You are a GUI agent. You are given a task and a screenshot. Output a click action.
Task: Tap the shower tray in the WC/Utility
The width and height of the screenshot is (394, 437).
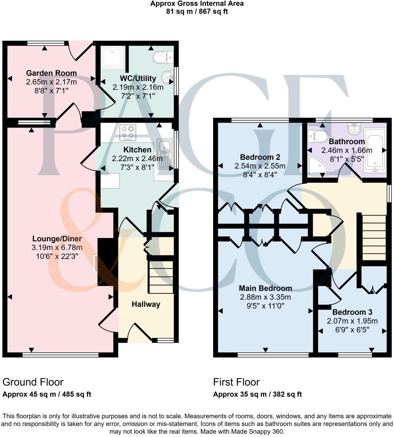click(x=112, y=57)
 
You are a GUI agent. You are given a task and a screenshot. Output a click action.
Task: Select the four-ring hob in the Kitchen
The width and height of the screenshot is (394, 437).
click(x=128, y=133)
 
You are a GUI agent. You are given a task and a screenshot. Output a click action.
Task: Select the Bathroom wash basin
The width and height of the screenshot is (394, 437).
click(x=354, y=129)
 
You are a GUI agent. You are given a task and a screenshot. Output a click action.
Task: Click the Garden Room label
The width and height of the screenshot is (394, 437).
click(x=51, y=73)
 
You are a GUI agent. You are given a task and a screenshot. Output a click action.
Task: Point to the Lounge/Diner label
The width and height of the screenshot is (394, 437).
click(x=57, y=239)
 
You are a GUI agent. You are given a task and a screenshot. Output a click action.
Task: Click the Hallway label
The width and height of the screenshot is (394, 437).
click(x=146, y=304)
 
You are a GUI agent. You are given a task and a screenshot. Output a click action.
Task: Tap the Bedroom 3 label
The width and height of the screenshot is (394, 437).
click(x=352, y=312)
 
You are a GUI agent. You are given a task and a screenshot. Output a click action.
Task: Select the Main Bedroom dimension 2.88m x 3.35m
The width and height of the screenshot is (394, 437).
click(x=265, y=297)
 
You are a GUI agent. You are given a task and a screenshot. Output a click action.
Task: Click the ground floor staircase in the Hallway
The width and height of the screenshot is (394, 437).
click(x=161, y=277)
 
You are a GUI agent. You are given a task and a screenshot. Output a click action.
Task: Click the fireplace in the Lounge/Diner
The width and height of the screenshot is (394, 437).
click(x=95, y=263)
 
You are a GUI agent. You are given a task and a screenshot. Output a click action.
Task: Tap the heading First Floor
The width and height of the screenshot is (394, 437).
click(x=236, y=382)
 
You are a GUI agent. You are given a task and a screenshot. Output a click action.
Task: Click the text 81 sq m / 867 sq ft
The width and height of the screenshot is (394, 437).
click(x=197, y=11)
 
